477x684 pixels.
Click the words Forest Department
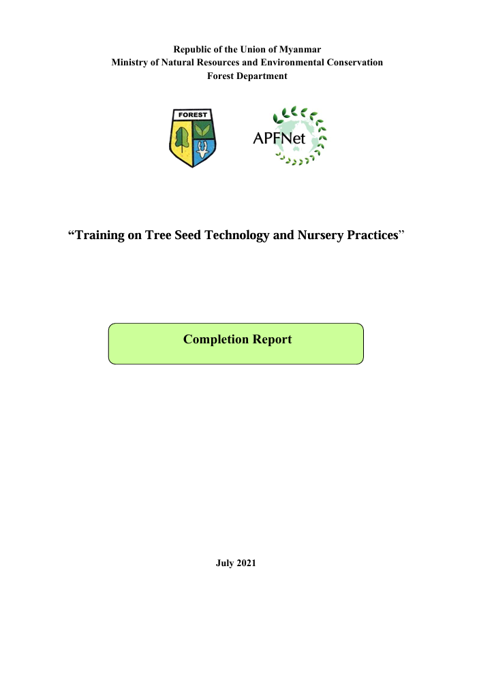click(247, 76)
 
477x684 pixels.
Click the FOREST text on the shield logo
click(192, 114)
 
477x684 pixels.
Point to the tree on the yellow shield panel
click(182, 139)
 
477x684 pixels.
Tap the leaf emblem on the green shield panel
click(202, 130)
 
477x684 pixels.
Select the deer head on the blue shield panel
click(202, 150)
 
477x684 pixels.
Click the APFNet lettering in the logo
click(279, 138)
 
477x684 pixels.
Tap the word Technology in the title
click(237, 235)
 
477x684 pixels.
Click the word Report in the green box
click(272, 339)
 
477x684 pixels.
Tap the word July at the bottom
click(225, 563)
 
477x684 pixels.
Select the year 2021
click(246, 563)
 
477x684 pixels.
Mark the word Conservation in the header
click(355, 63)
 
